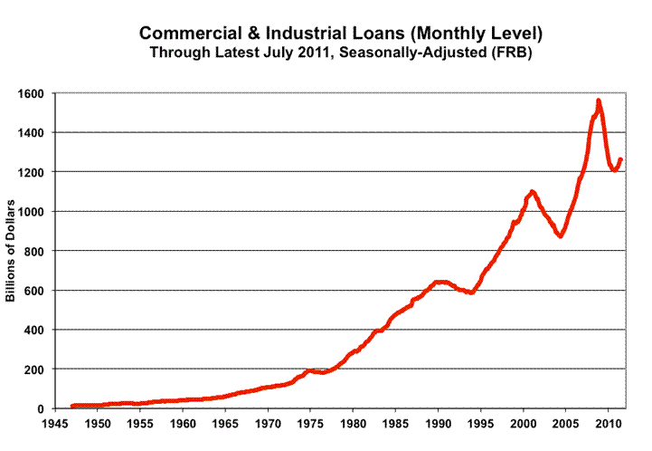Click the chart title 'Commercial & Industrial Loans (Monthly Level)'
(x=341, y=34)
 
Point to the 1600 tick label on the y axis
(x=35, y=93)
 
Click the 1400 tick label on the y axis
(x=35, y=132)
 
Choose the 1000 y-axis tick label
(x=35, y=212)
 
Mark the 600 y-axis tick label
(x=39, y=291)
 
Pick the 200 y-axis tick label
(x=39, y=369)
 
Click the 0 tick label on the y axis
(x=45, y=408)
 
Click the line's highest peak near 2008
(x=599, y=101)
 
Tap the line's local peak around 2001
(x=533, y=191)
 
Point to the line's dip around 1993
(x=471, y=293)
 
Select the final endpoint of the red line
(x=620, y=160)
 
